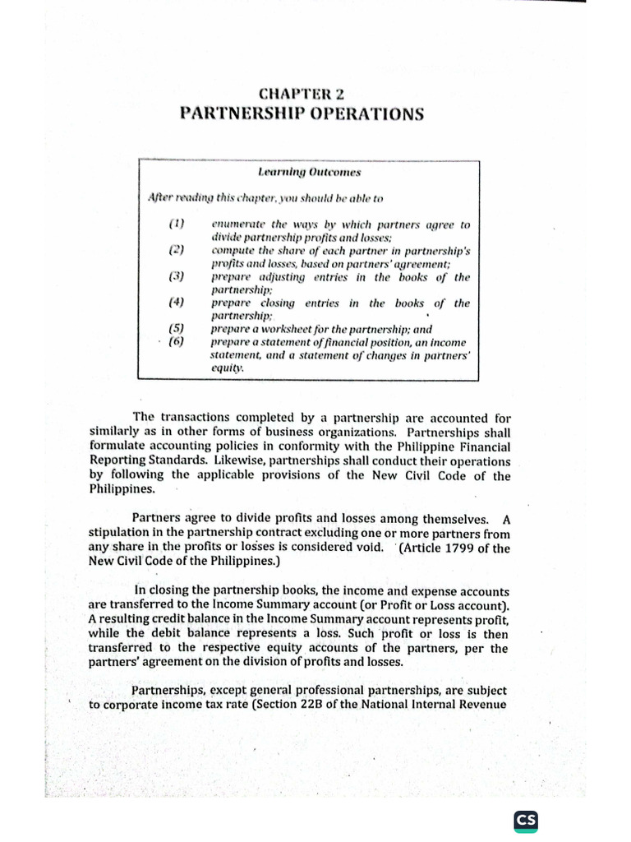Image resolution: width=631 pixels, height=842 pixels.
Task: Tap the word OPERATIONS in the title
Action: (362, 114)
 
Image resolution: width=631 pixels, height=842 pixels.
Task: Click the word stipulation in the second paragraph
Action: (121, 534)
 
